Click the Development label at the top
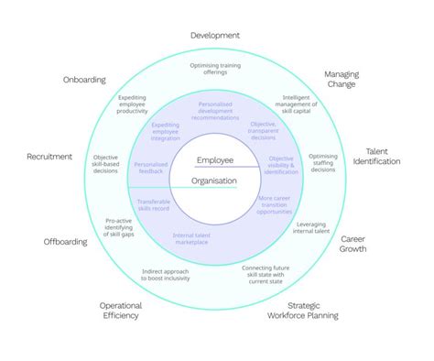[215, 35]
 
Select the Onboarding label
[84, 79]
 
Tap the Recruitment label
[49, 157]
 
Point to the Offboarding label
[66, 242]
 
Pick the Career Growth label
[353, 243]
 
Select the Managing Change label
[342, 79]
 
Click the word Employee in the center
[214, 160]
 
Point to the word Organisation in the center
[213, 180]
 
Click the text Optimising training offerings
[215, 70]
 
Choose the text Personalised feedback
[151, 170]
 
